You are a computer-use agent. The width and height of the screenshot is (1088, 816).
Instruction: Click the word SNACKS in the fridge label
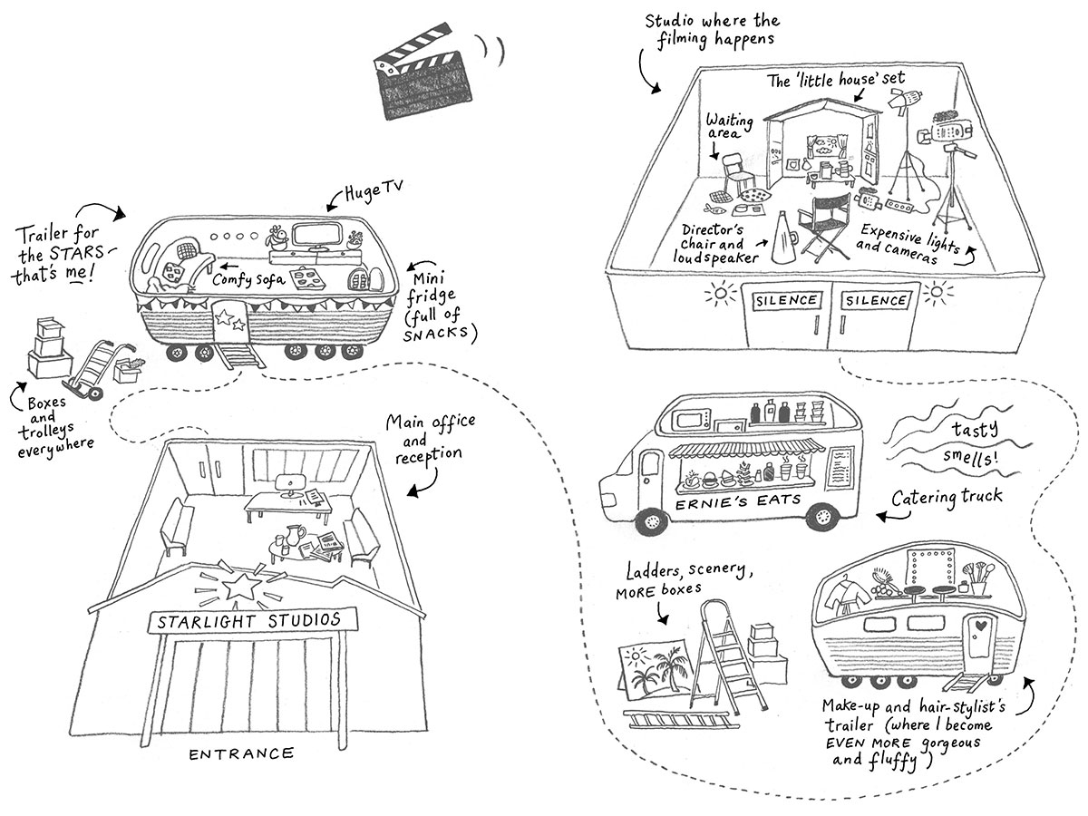click(x=442, y=333)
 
